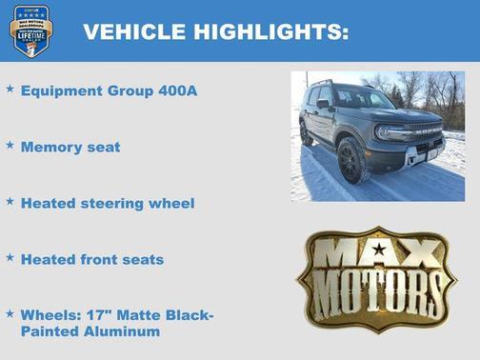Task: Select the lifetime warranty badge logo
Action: click(30, 30)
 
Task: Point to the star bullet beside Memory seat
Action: click(10, 146)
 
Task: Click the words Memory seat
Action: click(70, 148)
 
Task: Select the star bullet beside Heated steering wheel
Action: click(10, 201)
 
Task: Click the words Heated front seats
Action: click(92, 259)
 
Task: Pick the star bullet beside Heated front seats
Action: click(10, 257)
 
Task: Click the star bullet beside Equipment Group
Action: click(10, 89)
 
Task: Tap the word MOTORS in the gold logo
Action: click(378, 288)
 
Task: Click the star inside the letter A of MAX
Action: click(379, 250)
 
